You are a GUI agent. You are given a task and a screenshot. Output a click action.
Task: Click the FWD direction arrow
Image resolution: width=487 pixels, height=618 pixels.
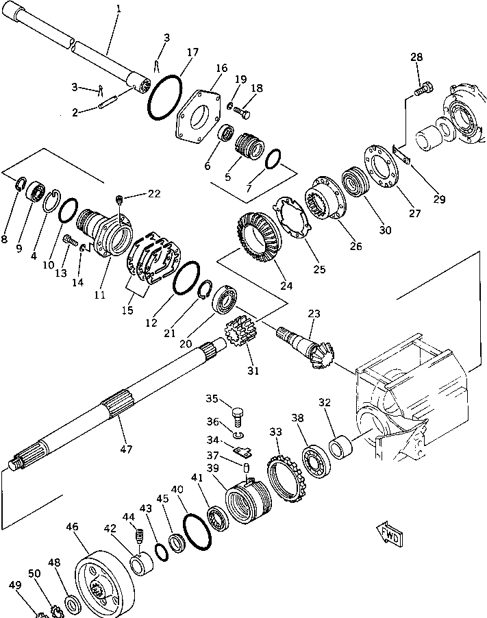click(x=388, y=534)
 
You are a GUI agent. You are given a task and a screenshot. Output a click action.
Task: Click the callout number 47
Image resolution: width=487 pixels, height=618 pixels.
click(x=125, y=449)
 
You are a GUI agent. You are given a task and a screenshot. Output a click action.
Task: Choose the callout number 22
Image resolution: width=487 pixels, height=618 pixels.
click(x=154, y=194)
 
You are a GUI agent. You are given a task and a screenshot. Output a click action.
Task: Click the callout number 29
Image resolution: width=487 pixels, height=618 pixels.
click(x=438, y=200)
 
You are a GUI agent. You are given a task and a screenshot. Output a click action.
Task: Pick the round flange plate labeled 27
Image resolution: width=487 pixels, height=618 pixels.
click(x=381, y=164)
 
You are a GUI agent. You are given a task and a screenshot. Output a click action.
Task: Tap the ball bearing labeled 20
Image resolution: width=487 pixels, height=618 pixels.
click(x=225, y=300)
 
